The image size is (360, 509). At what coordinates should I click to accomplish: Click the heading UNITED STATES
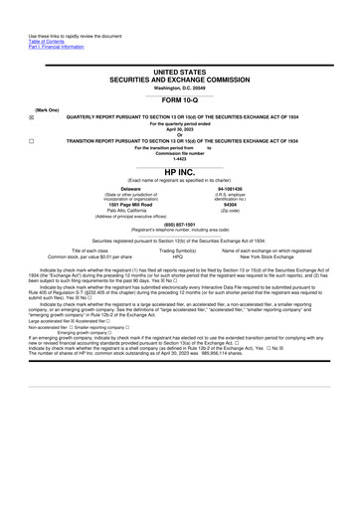181,74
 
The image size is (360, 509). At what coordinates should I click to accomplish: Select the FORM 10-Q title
180,101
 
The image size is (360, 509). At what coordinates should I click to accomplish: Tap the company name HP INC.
180,172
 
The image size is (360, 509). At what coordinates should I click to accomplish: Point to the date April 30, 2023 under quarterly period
180,128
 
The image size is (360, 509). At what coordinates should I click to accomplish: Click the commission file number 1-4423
180,159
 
